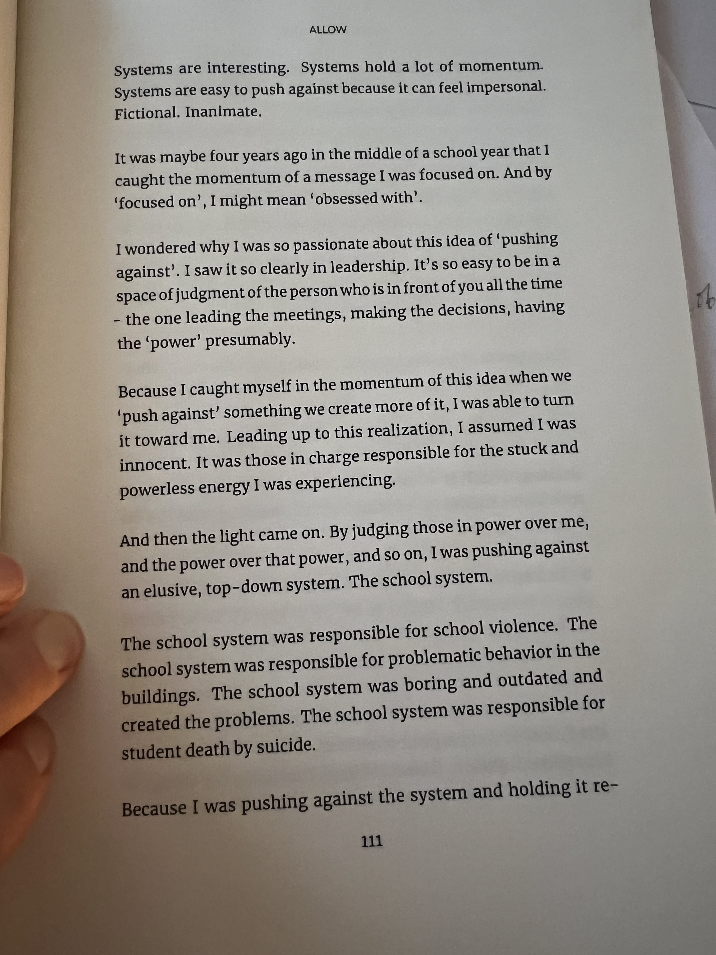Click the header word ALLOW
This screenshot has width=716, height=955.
pyautogui.click(x=327, y=30)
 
